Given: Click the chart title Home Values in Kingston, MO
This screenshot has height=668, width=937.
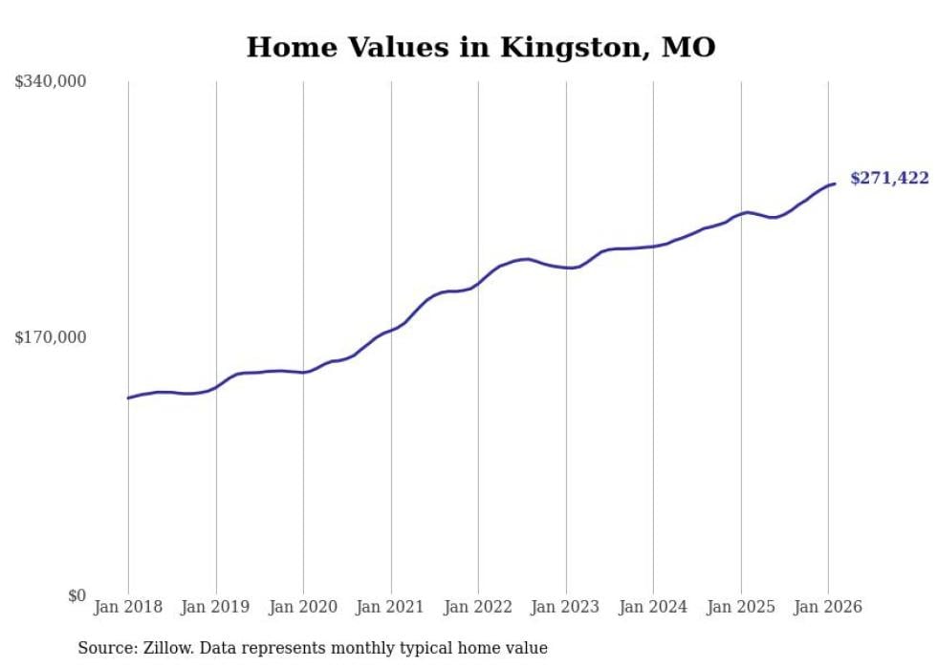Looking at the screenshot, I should pyautogui.click(x=481, y=47).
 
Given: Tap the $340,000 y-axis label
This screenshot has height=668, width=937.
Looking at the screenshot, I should pyautogui.click(x=51, y=82).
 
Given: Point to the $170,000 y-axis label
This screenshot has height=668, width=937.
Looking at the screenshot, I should pyautogui.click(x=51, y=337).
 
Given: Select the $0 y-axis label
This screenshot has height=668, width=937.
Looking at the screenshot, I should pyautogui.click(x=76, y=595).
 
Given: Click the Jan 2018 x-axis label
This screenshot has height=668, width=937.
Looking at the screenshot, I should pyautogui.click(x=128, y=607).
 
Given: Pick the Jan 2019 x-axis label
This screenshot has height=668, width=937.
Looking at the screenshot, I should pyautogui.click(x=216, y=607).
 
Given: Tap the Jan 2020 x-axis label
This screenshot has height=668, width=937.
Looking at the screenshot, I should pyautogui.click(x=303, y=607).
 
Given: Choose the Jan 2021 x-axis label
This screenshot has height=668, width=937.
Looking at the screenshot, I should pyautogui.click(x=391, y=607).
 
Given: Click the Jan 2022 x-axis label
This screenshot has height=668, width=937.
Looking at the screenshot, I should pyautogui.click(x=478, y=607).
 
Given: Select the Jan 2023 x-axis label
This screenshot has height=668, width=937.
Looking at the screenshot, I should pyautogui.click(x=566, y=607).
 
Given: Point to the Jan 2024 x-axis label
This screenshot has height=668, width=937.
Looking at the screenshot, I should pyautogui.click(x=653, y=607).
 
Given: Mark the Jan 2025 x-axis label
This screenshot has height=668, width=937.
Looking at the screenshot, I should pyautogui.click(x=741, y=607).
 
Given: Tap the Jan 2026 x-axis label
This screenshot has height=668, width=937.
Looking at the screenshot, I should pyautogui.click(x=828, y=607).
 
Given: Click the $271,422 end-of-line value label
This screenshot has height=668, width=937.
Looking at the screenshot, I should pyautogui.click(x=889, y=179).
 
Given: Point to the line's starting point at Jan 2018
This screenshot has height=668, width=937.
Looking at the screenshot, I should pyautogui.click(x=128, y=398).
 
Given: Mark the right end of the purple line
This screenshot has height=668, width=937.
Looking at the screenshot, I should pyautogui.click(x=835, y=183).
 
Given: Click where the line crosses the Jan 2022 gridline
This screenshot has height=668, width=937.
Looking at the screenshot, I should pyautogui.click(x=478, y=282).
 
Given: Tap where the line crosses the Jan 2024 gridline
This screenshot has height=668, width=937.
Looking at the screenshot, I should pyautogui.click(x=653, y=247).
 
